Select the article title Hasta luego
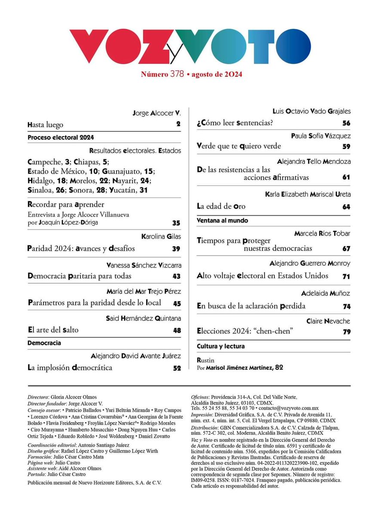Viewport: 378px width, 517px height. (45, 125)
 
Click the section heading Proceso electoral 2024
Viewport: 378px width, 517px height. (61, 138)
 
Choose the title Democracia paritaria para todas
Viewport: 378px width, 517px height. (79, 276)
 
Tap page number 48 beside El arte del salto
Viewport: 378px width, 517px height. (177, 330)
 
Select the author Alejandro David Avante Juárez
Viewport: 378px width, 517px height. (136, 356)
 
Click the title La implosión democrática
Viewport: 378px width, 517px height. (70, 368)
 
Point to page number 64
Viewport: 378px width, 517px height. (347, 207)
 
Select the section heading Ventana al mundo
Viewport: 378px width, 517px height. (222, 221)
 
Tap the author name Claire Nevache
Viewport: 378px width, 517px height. (329, 321)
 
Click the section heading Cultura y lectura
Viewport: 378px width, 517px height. (221, 346)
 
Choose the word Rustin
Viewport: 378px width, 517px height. (205, 360)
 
